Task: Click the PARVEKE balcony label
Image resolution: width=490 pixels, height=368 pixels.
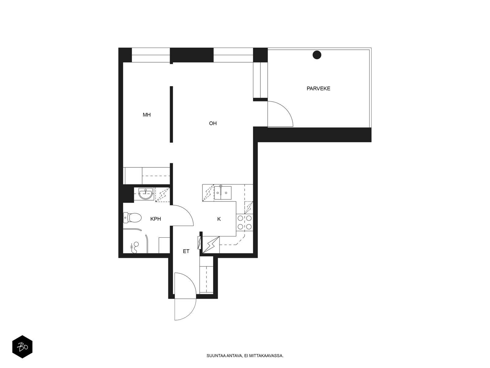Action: (318, 89)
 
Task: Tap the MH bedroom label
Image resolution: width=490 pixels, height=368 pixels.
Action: (147, 115)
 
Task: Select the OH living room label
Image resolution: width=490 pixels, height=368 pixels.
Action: (213, 123)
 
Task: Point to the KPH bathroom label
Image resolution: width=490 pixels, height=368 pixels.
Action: (156, 219)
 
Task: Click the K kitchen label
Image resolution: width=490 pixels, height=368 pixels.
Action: (219, 219)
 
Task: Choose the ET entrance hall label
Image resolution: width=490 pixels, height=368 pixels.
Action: (186, 251)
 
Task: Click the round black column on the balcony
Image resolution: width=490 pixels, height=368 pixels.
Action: (317, 55)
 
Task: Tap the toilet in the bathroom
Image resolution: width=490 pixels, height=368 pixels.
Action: (132, 218)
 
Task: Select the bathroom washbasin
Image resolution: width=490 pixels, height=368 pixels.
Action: (145, 194)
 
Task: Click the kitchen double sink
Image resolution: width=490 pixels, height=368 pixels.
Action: (223, 193)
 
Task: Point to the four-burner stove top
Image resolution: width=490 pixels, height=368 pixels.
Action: (244, 222)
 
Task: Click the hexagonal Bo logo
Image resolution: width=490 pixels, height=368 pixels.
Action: (22, 347)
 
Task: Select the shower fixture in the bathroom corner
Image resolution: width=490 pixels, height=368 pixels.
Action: (135, 247)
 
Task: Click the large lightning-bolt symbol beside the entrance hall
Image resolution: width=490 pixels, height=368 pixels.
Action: (211, 245)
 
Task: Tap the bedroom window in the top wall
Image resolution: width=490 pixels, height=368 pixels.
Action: (151, 55)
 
